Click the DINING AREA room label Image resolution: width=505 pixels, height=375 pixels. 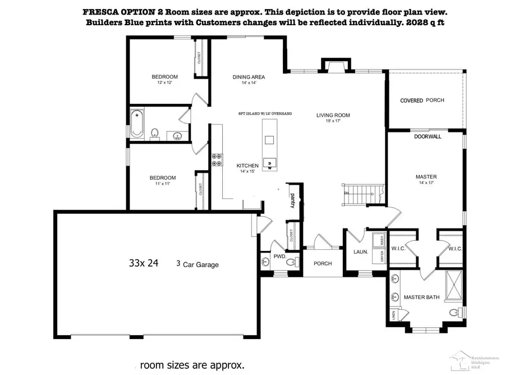click(249, 77)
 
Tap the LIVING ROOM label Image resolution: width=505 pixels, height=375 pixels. click(333, 115)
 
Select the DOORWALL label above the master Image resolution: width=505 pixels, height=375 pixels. click(427, 136)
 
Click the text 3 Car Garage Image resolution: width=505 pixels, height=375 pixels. click(197, 264)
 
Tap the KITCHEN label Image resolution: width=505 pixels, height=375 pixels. click(247, 166)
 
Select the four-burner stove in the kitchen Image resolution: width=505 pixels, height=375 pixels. click(216, 160)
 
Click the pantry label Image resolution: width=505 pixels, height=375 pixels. click(292, 200)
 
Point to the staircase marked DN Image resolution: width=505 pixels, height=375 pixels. click(359, 194)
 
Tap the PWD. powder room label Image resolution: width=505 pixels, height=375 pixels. click(279, 256)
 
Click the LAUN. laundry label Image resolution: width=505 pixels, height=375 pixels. click(361, 252)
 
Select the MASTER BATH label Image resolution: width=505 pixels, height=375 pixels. click(420, 297)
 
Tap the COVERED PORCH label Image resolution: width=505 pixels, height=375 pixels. click(422, 100)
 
